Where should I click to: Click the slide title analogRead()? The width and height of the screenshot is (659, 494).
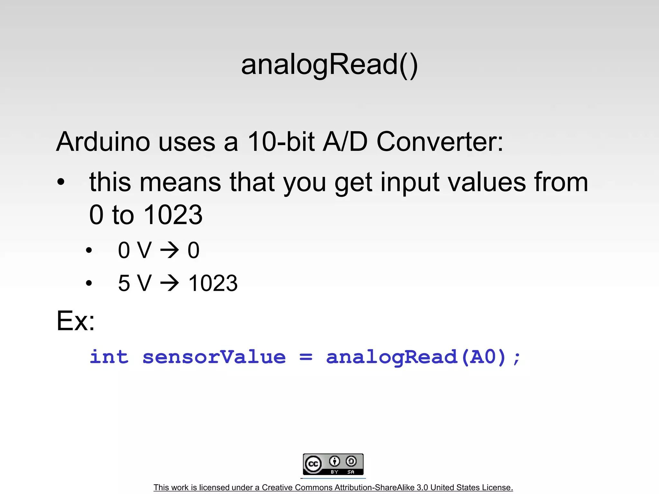(329, 65)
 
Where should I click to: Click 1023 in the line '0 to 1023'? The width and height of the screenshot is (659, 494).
(173, 215)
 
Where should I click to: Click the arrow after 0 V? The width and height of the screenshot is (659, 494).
(170, 250)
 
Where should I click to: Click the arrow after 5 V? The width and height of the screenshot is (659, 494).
(170, 283)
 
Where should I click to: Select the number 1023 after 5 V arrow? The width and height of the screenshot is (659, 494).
(213, 283)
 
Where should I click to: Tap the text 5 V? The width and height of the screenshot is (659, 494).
(135, 283)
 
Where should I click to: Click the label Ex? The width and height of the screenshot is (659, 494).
(76, 321)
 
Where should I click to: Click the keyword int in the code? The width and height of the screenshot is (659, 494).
(109, 357)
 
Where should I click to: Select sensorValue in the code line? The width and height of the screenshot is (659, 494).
(214, 357)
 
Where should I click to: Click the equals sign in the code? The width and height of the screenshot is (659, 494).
(306, 357)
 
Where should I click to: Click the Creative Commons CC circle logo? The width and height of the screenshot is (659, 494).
(313, 464)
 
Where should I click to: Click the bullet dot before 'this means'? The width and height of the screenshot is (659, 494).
(61, 182)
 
